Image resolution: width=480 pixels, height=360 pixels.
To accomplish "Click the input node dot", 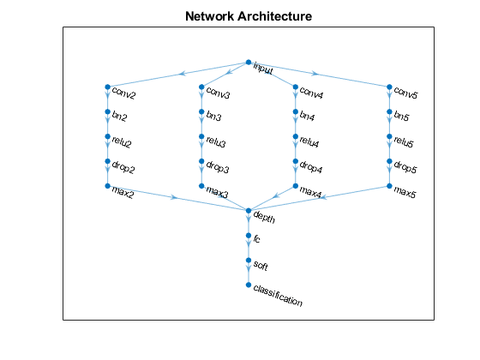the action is (249, 63).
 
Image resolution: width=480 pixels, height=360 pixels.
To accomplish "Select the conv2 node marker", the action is (107, 87).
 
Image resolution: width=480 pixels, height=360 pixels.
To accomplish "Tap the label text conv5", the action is (406, 93).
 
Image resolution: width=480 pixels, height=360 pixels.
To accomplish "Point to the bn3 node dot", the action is (201, 111).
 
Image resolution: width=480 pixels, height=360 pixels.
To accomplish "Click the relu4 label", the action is (309, 141).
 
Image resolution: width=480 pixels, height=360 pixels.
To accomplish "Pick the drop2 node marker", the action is (107, 161).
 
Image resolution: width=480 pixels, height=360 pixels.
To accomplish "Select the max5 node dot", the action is (389, 186).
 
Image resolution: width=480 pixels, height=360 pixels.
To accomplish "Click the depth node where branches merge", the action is (249, 211).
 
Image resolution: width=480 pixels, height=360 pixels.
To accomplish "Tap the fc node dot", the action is (249, 236).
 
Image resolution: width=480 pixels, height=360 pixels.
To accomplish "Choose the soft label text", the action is (261, 265).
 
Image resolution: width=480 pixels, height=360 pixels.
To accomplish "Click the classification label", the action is (278, 296).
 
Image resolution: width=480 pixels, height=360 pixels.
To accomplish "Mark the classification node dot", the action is (249, 285).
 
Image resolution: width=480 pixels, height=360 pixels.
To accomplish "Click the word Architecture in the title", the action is (277, 16).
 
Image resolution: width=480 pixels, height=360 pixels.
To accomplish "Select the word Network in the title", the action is (212, 16).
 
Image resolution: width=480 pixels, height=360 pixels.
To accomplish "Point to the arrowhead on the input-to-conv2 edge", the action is (183, 74).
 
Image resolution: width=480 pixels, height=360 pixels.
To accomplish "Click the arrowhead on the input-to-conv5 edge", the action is (315, 74).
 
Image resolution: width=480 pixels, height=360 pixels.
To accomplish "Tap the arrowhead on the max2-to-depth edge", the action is (174, 197).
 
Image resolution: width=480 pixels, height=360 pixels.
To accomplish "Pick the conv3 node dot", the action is (201, 87).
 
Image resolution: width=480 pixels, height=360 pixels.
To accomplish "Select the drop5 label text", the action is (405, 167).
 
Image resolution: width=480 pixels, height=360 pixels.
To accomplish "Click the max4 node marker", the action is (296, 186).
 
